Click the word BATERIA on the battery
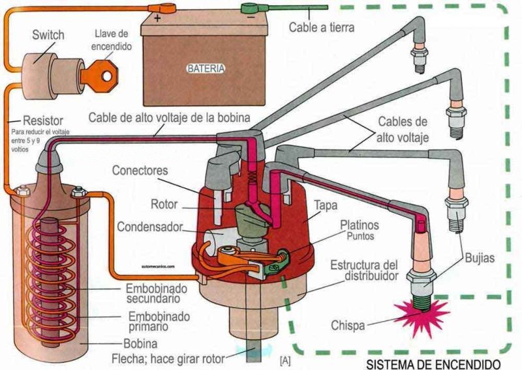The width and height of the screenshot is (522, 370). (x=206, y=68)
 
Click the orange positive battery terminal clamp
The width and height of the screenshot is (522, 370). (x=164, y=9)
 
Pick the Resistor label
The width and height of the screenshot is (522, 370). (x=42, y=121)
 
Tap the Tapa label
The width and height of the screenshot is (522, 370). (x=325, y=206)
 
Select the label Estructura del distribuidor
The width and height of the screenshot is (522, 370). (x=363, y=271)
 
